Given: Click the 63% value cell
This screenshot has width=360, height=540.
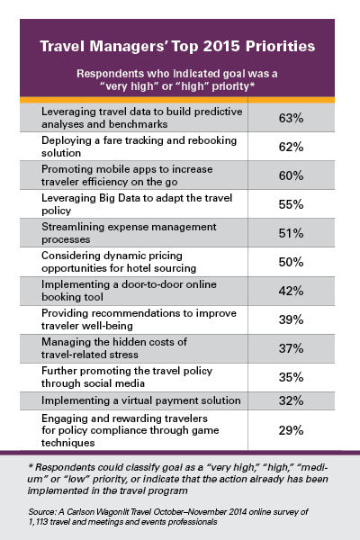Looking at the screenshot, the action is tap(291, 118).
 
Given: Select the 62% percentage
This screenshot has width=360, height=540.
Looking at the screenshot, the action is tap(291, 147).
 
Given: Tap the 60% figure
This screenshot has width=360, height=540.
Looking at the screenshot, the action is tap(291, 175).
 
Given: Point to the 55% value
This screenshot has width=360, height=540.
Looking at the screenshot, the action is tap(291, 204).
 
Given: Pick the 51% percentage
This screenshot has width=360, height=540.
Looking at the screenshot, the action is tap(291, 233).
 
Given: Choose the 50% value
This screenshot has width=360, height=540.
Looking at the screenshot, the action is tap(291, 262).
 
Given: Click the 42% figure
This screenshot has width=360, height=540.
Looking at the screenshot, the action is tap(291, 291).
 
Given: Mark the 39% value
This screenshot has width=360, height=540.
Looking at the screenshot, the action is tap(291, 319).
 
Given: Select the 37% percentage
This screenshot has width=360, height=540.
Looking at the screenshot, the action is tap(291, 348).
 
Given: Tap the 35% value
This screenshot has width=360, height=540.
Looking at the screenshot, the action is tap(291, 377).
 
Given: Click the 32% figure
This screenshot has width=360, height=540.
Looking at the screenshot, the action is tap(291, 400).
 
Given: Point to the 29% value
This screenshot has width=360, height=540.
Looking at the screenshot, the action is tap(291, 430).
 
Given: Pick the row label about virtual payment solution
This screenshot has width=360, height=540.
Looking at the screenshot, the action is tap(141, 400).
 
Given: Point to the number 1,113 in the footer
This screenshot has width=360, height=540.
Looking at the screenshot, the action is tap(38, 522).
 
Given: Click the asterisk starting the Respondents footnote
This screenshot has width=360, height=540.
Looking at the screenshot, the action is tap(31, 466).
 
